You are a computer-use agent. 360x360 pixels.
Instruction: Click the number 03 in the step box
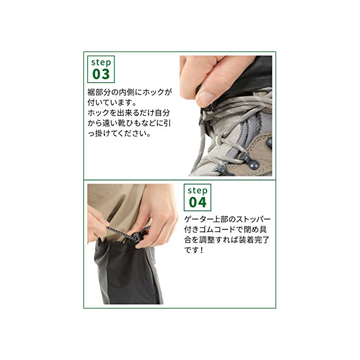pyautogui.click(x=101, y=74)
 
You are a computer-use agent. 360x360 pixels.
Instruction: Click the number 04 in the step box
pyautogui.click(x=197, y=202)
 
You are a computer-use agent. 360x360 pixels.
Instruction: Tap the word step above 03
pyautogui.click(x=101, y=62)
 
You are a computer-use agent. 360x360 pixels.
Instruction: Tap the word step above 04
pyautogui.click(x=197, y=191)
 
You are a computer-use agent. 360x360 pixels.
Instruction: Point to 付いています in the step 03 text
pyautogui.click(x=110, y=102)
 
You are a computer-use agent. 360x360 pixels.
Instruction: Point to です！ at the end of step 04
pyautogui.click(x=194, y=250)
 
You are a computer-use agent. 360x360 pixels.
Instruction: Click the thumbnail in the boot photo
pyautogui.click(x=204, y=98)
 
